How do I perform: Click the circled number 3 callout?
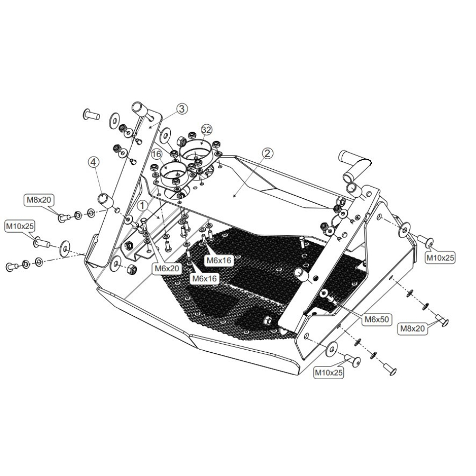181,108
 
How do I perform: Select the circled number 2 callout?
267,153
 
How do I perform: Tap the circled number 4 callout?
93,162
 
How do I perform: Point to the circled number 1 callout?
142,206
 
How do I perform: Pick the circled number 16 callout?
157,154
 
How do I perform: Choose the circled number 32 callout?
206,130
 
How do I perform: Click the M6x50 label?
377,319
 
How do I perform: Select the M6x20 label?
167,268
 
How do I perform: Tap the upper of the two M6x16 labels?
219,260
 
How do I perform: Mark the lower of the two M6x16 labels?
205,278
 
